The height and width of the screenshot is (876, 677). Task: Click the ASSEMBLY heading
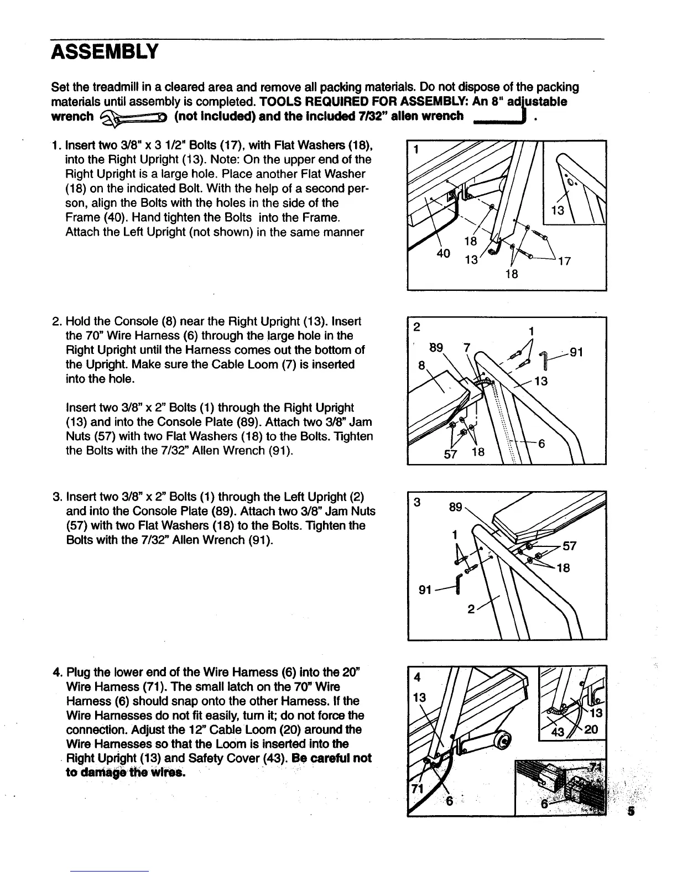(x=105, y=52)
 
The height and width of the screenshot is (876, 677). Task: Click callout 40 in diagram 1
(x=442, y=254)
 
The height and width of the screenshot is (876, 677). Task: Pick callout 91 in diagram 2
(x=576, y=352)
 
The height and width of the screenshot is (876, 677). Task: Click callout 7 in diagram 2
(x=467, y=348)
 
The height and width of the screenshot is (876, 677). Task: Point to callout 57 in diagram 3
(x=569, y=546)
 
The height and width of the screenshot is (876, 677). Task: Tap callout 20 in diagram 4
(x=591, y=729)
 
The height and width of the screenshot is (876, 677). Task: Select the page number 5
(x=631, y=812)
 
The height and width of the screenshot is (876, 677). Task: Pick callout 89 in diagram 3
(x=455, y=507)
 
